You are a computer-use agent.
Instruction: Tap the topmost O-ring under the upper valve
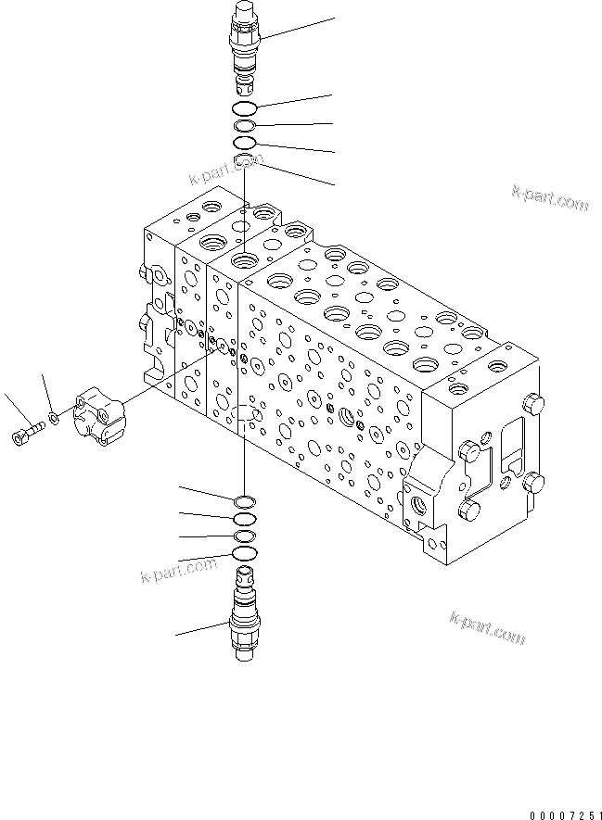[245, 110]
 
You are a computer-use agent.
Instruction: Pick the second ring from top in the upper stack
[245, 126]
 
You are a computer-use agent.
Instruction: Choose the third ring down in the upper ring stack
[245, 143]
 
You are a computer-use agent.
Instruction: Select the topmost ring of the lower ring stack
[245, 502]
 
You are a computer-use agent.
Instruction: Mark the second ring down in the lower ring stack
[245, 520]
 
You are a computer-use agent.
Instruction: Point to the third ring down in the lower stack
[245, 536]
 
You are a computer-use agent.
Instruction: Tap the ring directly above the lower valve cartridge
[245, 553]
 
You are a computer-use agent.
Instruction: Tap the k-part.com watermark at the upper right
[549, 198]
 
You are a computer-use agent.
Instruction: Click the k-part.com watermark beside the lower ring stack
[177, 568]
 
